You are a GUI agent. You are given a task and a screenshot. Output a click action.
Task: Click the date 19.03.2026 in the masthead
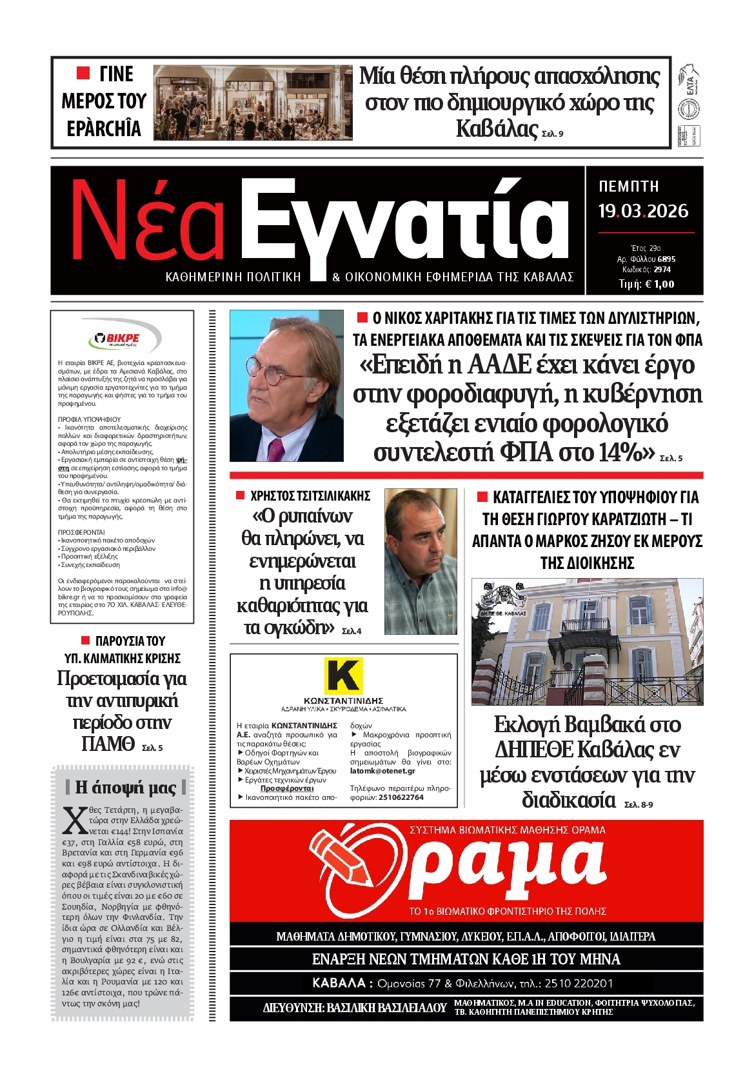point(642,211)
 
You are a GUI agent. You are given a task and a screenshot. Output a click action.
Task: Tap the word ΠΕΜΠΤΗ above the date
point(629,186)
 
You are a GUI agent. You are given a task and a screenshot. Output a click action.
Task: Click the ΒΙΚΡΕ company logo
point(123,339)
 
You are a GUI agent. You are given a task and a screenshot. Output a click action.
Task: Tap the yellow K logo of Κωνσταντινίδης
point(343,675)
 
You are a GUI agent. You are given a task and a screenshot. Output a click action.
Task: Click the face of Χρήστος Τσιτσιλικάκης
point(419,535)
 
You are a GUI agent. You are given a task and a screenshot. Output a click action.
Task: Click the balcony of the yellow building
point(585,625)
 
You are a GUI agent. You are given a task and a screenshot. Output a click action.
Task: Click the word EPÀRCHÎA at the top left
point(104,128)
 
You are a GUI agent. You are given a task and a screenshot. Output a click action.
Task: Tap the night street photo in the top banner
point(253,103)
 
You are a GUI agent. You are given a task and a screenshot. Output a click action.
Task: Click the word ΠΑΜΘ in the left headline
point(107,744)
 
